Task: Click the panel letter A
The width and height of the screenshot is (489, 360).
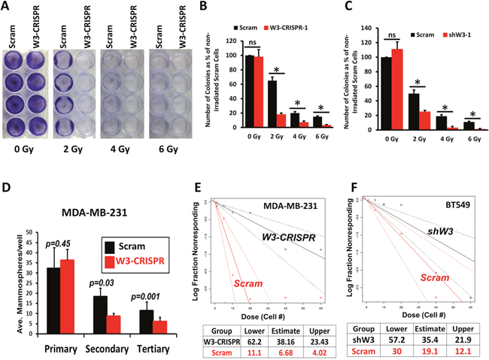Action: pos(6,7)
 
